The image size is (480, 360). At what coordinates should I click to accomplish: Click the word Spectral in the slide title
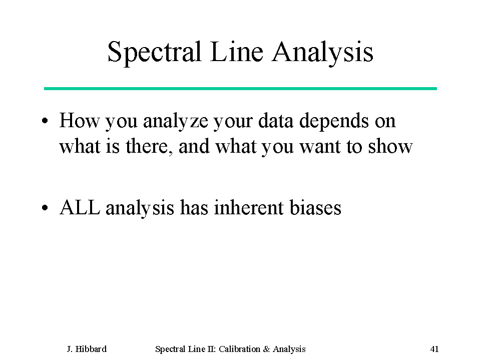[x=154, y=53]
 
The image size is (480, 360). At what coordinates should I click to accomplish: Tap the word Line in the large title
[x=236, y=52]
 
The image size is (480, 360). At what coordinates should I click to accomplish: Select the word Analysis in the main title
[x=323, y=53]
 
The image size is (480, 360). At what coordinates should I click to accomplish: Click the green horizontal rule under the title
[x=240, y=89]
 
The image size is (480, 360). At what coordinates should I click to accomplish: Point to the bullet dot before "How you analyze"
[x=45, y=121]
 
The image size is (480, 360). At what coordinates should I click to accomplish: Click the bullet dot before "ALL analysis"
[x=45, y=208]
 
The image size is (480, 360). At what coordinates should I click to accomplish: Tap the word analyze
[x=175, y=121]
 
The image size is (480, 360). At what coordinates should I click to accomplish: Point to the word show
[x=390, y=146]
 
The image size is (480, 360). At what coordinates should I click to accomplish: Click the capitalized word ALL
[x=80, y=208]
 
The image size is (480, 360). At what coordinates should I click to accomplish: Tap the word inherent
[x=249, y=207]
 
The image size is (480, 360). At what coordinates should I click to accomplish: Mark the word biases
[x=315, y=207]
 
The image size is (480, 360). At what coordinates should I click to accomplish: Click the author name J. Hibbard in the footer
[x=87, y=349]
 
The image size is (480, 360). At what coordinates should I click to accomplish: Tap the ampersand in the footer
[x=266, y=349]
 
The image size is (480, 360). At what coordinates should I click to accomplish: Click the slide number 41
[x=434, y=349]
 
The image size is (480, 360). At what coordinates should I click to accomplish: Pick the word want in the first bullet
[x=320, y=147]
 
